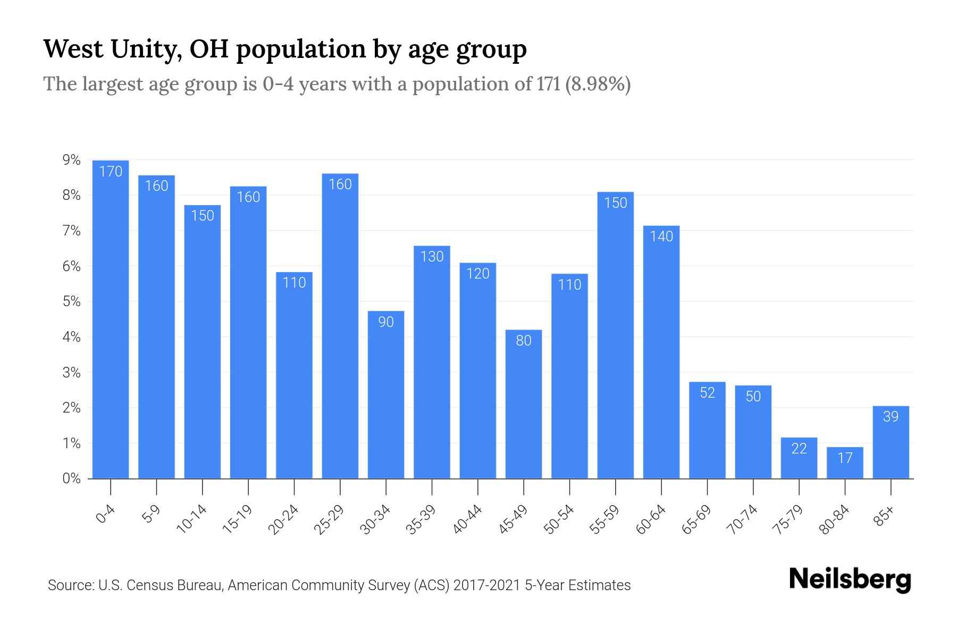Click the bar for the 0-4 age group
pos(111,319)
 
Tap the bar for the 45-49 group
pos(524,404)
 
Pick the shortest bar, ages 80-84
pos(845,463)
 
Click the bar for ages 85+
pos(891,442)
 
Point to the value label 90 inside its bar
pos(386,322)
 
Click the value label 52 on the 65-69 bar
pos(707,393)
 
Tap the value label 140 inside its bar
pos(661,237)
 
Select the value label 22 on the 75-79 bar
pos(799,449)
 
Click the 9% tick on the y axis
pos(71,160)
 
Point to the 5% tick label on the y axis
pos(71,302)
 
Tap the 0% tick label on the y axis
pos(71,478)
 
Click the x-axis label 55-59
pos(605,519)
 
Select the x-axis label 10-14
pos(191,519)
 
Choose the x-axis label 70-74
pos(742,519)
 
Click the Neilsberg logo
pos(850,580)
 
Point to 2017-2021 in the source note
pos(486,585)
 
